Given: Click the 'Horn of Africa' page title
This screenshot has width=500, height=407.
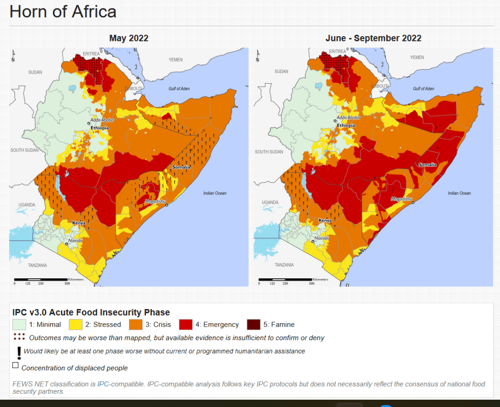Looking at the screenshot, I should [63, 11].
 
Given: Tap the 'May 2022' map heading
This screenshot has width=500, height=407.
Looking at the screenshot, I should [129, 38].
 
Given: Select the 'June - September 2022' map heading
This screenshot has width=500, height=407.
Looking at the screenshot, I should [374, 38].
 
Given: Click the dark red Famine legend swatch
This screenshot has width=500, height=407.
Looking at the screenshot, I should [253, 324].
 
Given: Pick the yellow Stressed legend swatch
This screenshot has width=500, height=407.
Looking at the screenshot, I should [75, 324].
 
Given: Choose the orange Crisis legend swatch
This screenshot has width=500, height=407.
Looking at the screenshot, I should [135, 324].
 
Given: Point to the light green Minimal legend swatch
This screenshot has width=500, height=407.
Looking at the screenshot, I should [19, 324].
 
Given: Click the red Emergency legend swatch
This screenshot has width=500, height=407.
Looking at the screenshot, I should [186, 324].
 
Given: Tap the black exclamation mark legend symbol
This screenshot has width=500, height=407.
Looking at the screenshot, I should [19, 352].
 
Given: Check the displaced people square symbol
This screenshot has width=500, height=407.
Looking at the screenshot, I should [16, 365].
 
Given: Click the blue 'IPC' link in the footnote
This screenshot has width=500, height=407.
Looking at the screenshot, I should [103, 384].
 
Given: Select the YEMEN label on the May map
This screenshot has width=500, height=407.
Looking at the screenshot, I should [176, 59].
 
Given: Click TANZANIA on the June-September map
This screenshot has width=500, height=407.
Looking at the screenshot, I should [284, 265].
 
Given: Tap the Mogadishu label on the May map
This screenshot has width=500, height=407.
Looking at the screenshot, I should [154, 200].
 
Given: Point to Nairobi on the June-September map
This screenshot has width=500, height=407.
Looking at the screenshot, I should [321, 238].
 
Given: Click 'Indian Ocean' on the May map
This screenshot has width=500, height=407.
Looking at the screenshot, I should [215, 193].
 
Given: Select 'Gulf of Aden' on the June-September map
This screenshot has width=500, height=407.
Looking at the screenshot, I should [423, 89].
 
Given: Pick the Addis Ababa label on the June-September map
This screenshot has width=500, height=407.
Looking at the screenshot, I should [349, 117].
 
